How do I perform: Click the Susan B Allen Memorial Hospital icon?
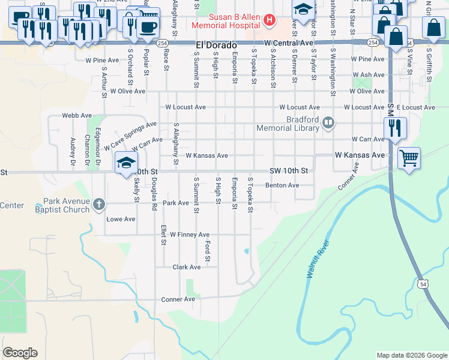click(x=269, y=20)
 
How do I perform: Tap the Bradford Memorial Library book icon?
click(x=328, y=123)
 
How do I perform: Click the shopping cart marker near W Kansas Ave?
click(x=409, y=158)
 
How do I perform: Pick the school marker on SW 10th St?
click(x=126, y=163)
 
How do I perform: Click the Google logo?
click(x=20, y=353)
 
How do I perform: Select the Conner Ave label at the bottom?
click(x=178, y=299)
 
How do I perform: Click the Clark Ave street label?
click(x=187, y=267)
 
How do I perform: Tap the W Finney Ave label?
click(x=190, y=235)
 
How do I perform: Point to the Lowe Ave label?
click(x=121, y=219)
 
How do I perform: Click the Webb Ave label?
click(x=77, y=115)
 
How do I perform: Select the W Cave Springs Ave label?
click(x=130, y=135)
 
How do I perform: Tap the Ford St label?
click(x=207, y=251)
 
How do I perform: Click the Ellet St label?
click(x=163, y=235)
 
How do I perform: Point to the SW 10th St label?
click(x=292, y=171)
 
